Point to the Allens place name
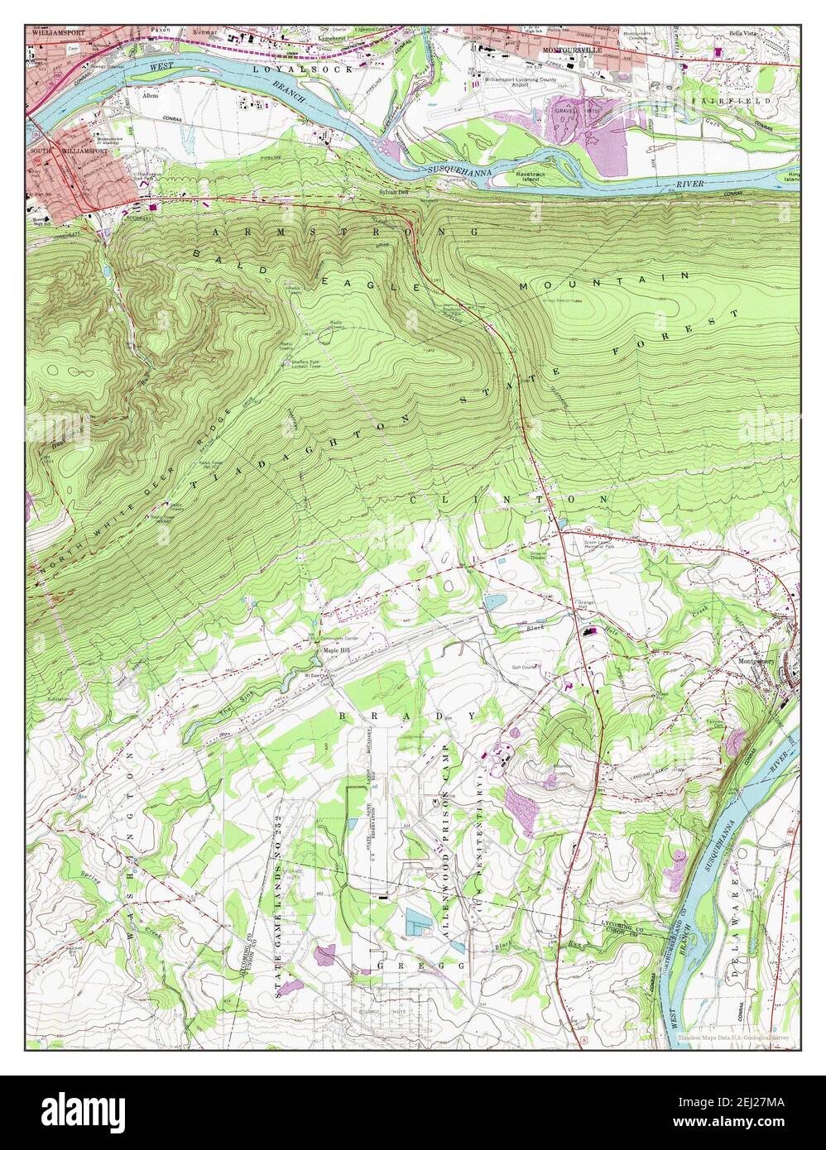150,96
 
